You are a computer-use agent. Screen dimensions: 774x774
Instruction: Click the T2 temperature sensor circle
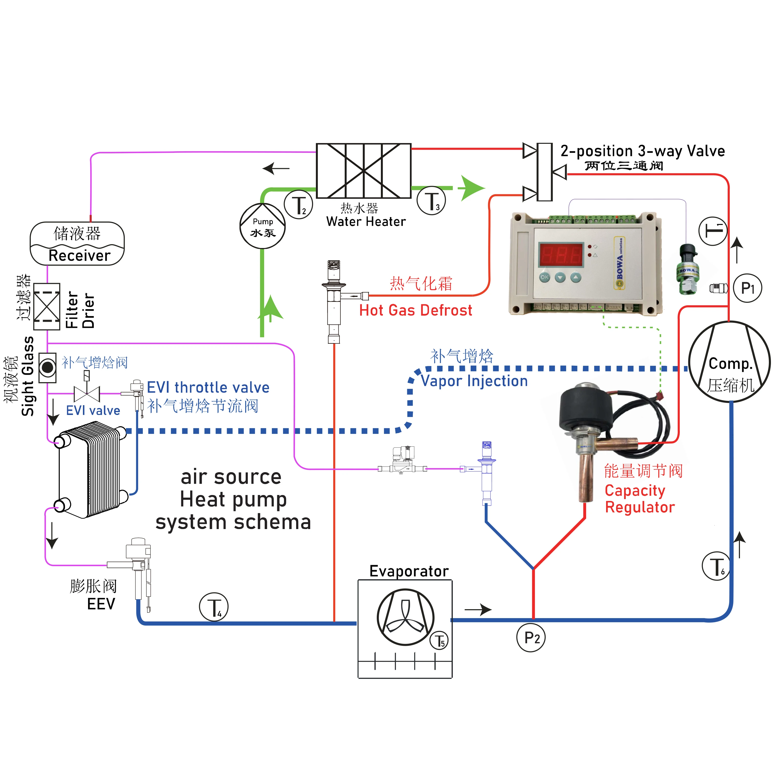pos(298,205)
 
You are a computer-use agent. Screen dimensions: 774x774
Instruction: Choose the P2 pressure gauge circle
pos(531,637)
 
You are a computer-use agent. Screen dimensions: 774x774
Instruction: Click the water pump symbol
pos(262,226)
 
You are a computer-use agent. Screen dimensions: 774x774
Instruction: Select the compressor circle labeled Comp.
pos(729,362)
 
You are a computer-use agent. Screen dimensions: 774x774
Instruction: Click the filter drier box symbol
pos(47,306)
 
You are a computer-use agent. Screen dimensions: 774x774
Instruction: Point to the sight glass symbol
pos(48,367)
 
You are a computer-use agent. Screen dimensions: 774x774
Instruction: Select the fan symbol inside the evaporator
pos(405,617)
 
